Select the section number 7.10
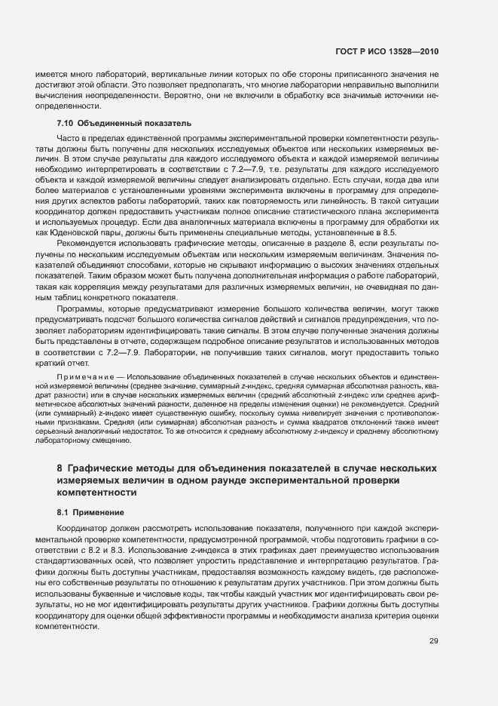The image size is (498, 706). point(65,123)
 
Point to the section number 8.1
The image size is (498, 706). point(64,513)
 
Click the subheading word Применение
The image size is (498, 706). point(99,513)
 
